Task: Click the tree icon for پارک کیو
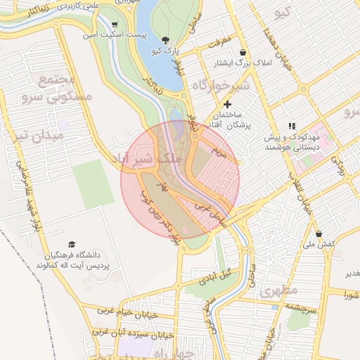point(165,41)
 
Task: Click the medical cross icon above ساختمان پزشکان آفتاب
point(226,104)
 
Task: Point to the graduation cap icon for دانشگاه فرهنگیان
point(72,243)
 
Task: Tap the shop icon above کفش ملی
point(319,233)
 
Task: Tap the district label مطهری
point(279,290)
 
